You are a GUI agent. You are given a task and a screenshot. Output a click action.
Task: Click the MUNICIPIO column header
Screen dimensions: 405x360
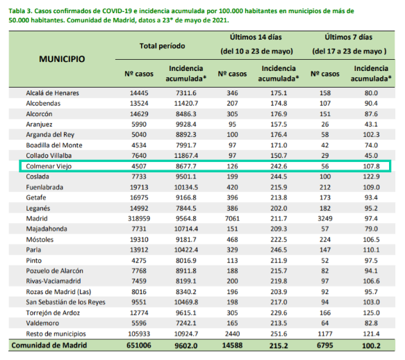click(62, 59)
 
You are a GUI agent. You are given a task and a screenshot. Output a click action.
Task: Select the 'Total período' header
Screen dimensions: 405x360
click(162, 46)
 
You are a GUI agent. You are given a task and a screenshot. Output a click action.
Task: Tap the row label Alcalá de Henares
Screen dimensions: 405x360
click(52, 93)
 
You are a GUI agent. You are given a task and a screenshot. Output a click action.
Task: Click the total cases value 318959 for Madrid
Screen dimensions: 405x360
click(139, 219)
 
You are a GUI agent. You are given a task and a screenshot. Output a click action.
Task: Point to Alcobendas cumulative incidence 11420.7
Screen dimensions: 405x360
click(186, 104)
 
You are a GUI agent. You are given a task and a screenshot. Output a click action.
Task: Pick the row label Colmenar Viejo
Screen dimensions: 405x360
click(49, 166)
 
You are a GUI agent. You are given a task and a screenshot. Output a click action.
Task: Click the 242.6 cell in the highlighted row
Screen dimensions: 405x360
click(279, 166)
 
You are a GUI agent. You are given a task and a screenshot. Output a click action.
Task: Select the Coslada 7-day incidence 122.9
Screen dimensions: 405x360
click(372, 177)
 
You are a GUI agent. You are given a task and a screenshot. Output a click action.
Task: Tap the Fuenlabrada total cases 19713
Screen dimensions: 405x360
click(139, 187)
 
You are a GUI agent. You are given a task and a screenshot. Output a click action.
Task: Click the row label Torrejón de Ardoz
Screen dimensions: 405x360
click(53, 313)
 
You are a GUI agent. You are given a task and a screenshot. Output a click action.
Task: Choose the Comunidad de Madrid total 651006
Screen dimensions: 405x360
click(139, 345)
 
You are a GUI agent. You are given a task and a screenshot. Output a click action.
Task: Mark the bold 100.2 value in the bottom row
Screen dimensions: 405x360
click(372, 346)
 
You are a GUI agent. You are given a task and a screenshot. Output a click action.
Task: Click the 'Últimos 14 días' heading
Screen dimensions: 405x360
click(256, 38)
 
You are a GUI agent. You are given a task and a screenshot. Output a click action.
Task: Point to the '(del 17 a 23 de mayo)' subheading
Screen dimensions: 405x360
click(349, 51)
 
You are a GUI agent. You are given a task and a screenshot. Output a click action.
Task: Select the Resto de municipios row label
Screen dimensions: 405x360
click(56, 334)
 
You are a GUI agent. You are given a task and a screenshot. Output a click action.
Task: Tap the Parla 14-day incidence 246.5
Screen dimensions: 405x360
click(279, 250)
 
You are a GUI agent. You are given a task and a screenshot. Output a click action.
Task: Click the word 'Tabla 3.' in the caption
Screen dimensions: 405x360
click(20, 11)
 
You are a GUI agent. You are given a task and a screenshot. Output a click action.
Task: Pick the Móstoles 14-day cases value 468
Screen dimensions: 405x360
click(232, 240)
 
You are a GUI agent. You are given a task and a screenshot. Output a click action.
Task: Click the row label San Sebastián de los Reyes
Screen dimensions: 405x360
click(65, 302)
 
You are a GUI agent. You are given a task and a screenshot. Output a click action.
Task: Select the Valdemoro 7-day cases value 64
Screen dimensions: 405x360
click(325, 323)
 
